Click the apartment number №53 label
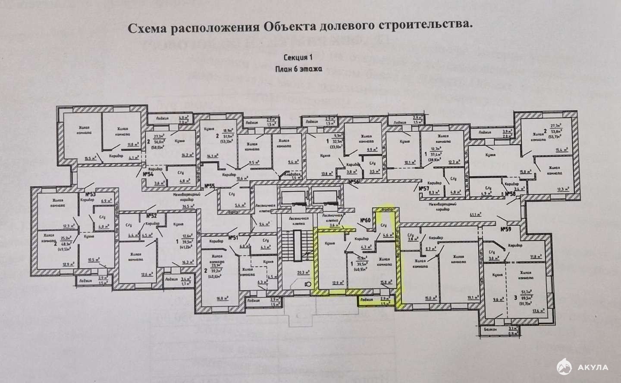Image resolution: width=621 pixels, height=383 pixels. point(90,194)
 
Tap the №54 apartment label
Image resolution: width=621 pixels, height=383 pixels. point(148,174)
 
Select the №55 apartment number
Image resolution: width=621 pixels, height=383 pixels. point(210,186)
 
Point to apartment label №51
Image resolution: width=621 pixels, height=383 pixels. point(233,238)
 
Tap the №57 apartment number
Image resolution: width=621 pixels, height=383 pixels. point(424,189)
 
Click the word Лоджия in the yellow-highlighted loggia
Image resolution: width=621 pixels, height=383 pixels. point(367,298)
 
